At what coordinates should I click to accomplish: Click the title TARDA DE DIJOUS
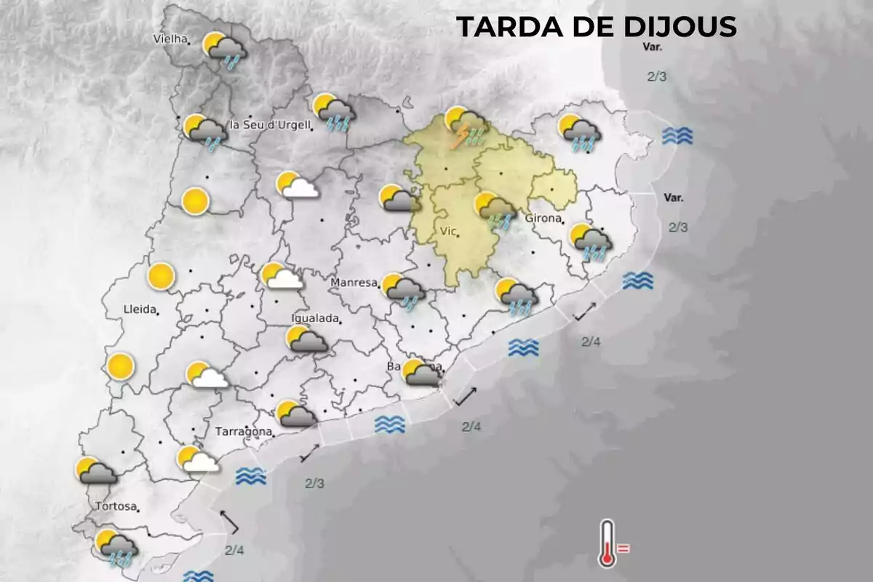pyautogui.click(x=597, y=27)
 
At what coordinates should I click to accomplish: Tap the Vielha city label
pyautogui.click(x=171, y=39)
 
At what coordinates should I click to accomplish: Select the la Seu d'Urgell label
pyautogui.click(x=270, y=124)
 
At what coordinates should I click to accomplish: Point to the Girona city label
pyautogui.click(x=543, y=218)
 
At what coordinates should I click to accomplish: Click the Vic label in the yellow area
pyautogui.click(x=448, y=231)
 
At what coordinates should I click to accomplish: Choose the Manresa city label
pyautogui.click(x=354, y=282)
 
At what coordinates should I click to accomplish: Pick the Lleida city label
pyautogui.click(x=140, y=309)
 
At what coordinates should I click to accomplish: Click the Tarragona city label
pyautogui.click(x=244, y=431)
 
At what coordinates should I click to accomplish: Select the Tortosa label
pyautogui.click(x=116, y=506)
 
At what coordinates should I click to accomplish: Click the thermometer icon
pyautogui.click(x=607, y=543)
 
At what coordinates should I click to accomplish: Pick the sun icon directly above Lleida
pyautogui.click(x=161, y=277)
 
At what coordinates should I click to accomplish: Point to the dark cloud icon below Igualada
pyautogui.click(x=306, y=339)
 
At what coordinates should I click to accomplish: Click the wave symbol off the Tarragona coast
pyautogui.click(x=250, y=477)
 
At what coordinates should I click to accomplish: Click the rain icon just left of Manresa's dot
pyautogui.click(x=404, y=290)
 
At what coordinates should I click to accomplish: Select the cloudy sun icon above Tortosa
pyautogui.click(x=97, y=471)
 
